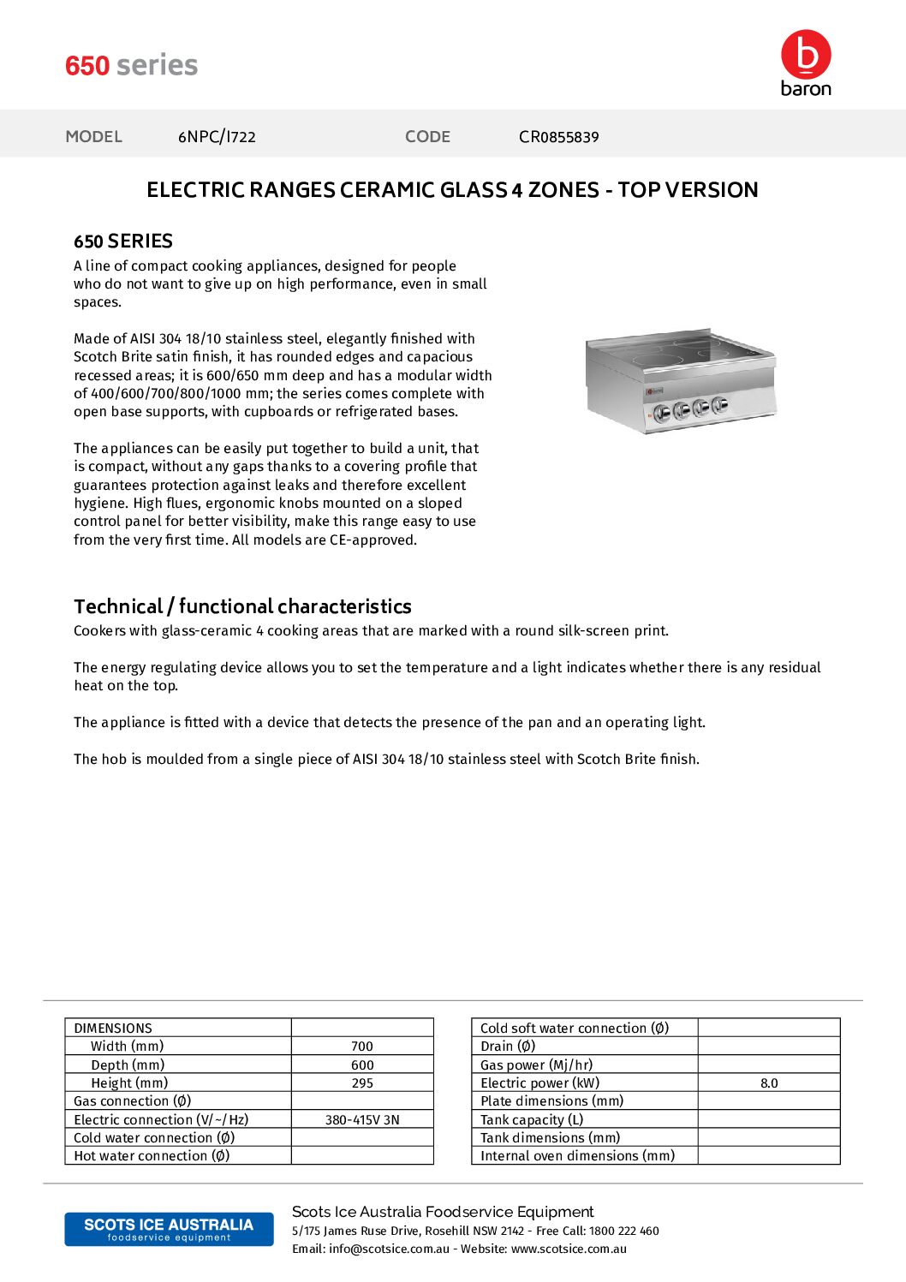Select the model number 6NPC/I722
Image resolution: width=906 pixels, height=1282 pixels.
click(217, 137)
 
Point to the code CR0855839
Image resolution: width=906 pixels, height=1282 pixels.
click(558, 137)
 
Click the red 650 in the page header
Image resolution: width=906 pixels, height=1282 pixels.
click(87, 66)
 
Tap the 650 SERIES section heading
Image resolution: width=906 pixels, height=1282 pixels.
click(123, 241)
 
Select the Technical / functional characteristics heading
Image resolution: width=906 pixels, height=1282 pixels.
click(242, 606)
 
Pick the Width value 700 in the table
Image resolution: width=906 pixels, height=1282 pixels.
click(362, 1046)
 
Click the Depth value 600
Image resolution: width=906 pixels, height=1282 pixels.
click(362, 1065)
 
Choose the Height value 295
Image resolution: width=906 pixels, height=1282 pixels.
click(362, 1083)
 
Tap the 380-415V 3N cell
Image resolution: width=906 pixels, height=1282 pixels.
click(362, 1120)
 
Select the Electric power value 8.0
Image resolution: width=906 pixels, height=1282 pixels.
click(769, 1083)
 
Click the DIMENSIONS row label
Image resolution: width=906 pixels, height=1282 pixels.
click(113, 1029)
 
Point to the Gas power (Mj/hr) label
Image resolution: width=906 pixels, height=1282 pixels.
click(536, 1065)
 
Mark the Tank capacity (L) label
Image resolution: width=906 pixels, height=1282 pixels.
click(532, 1120)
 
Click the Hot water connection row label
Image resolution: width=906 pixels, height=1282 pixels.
click(152, 1156)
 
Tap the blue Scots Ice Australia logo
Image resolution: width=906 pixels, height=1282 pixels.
click(169, 1229)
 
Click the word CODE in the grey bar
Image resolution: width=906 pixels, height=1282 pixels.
click(427, 137)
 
